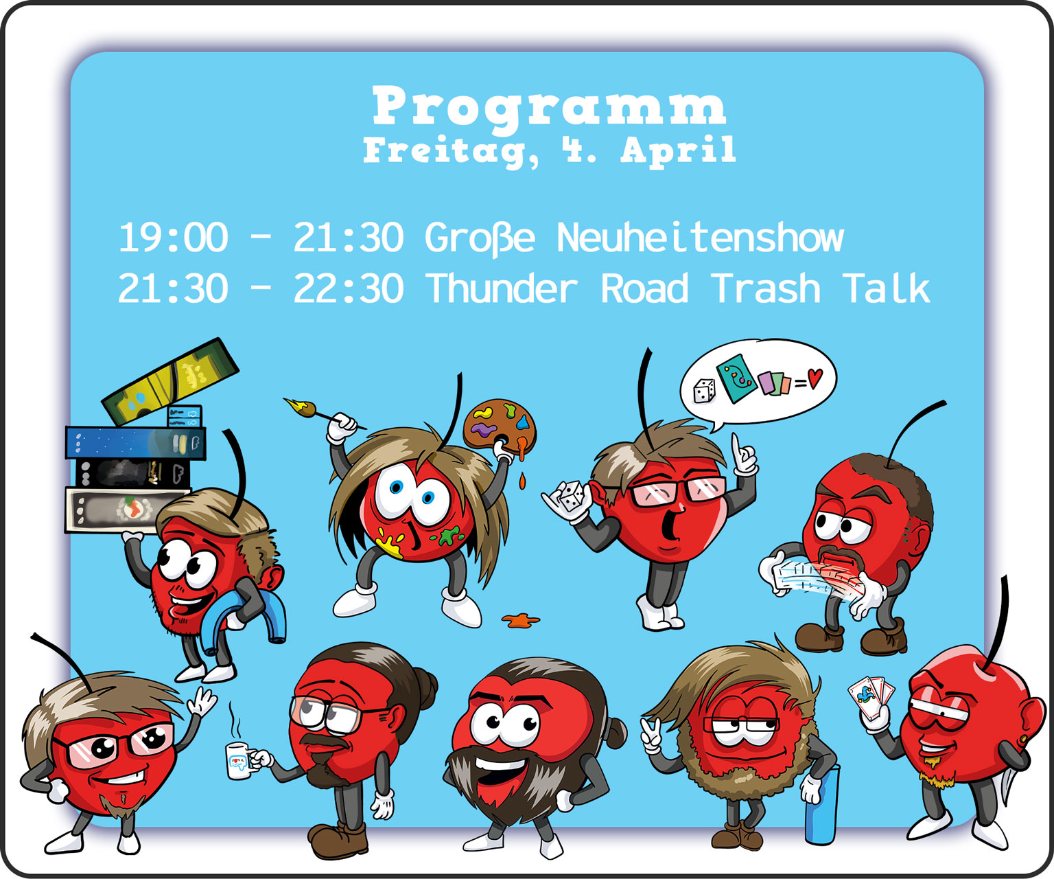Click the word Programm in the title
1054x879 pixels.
click(x=549, y=106)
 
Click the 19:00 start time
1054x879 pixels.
click(x=173, y=238)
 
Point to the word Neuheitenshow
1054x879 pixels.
click(x=700, y=238)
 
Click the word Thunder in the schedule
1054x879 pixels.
click(x=502, y=288)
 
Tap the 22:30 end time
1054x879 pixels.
click(x=349, y=288)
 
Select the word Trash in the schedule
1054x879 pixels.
click(x=766, y=288)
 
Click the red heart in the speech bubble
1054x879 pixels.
click(x=815, y=378)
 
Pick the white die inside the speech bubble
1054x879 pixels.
click(x=704, y=391)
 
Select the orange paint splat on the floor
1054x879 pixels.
click(x=520, y=620)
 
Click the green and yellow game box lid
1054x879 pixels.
click(x=170, y=381)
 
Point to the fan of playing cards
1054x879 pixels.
click(x=871, y=697)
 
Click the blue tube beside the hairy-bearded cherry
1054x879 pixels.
click(x=821, y=806)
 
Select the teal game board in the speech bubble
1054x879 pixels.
click(x=736, y=378)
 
